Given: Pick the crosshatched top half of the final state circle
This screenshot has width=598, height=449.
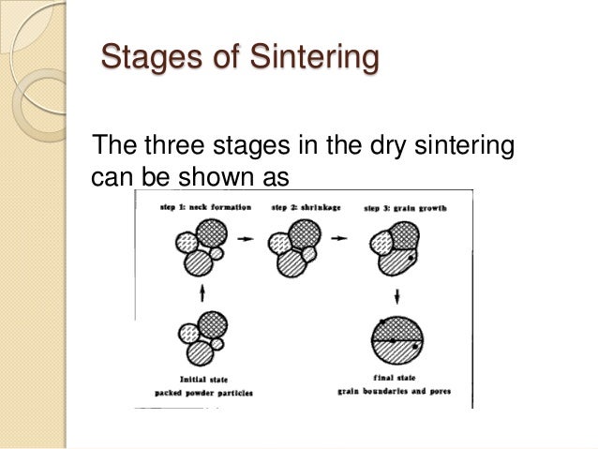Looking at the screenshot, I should coord(399,330).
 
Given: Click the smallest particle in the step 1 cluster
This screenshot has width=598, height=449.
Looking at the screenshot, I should coord(218,254).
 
